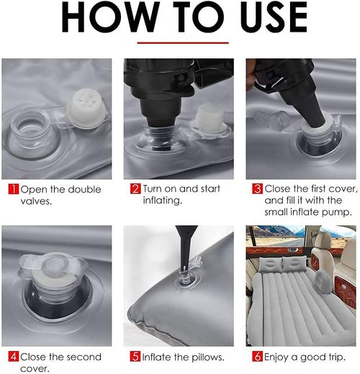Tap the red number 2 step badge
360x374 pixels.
pyautogui.click(x=135, y=190)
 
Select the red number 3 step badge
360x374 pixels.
pyautogui.click(x=258, y=190)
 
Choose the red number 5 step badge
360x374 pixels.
pyautogui.click(x=135, y=357)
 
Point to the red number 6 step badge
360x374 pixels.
pyautogui.click(x=258, y=357)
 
